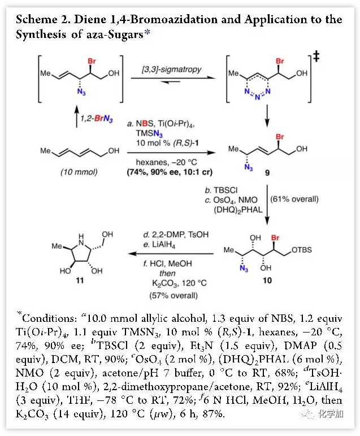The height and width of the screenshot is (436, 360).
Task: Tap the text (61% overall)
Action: point(295,199)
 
